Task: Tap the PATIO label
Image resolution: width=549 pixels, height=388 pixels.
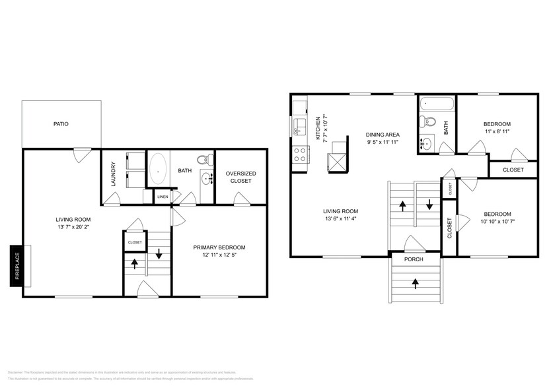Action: click(61, 123)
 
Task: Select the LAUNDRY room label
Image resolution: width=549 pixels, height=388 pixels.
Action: click(114, 174)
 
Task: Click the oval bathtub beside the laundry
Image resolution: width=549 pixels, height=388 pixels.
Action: click(159, 169)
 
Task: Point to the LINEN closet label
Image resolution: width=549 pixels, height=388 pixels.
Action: click(163, 197)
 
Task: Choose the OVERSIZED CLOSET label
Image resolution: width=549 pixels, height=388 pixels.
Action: click(241, 178)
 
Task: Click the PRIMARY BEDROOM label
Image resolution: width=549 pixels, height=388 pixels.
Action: click(219, 247)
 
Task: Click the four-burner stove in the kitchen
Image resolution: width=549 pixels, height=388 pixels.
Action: click(299, 154)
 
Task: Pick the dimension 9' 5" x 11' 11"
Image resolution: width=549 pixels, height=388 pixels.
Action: click(383, 142)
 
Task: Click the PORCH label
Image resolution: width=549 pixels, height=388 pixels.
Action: click(414, 259)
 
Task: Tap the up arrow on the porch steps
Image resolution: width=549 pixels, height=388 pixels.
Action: click(415, 284)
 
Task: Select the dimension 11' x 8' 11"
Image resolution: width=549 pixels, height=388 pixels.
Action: click(496, 132)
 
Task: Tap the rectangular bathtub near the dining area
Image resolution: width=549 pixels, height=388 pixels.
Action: click(436, 104)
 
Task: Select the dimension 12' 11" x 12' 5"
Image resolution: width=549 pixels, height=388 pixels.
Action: click(219, 255)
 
